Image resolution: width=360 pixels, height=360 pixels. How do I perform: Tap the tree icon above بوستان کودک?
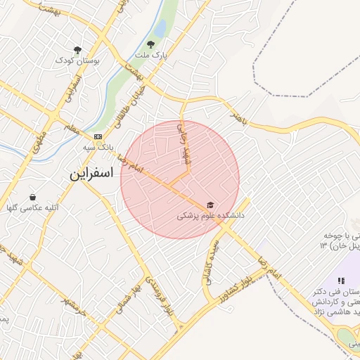78,49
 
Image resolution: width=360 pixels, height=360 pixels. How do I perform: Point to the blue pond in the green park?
160,29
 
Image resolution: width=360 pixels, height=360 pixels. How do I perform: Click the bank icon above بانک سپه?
98,136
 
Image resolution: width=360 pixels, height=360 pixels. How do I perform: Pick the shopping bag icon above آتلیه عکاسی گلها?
33,197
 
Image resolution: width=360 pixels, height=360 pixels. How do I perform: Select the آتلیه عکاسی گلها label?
27,208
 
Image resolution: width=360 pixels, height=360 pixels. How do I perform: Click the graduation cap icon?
209,205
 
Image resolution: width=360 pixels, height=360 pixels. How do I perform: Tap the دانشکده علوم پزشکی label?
210,217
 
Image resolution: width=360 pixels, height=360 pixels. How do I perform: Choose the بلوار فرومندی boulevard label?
159,295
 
